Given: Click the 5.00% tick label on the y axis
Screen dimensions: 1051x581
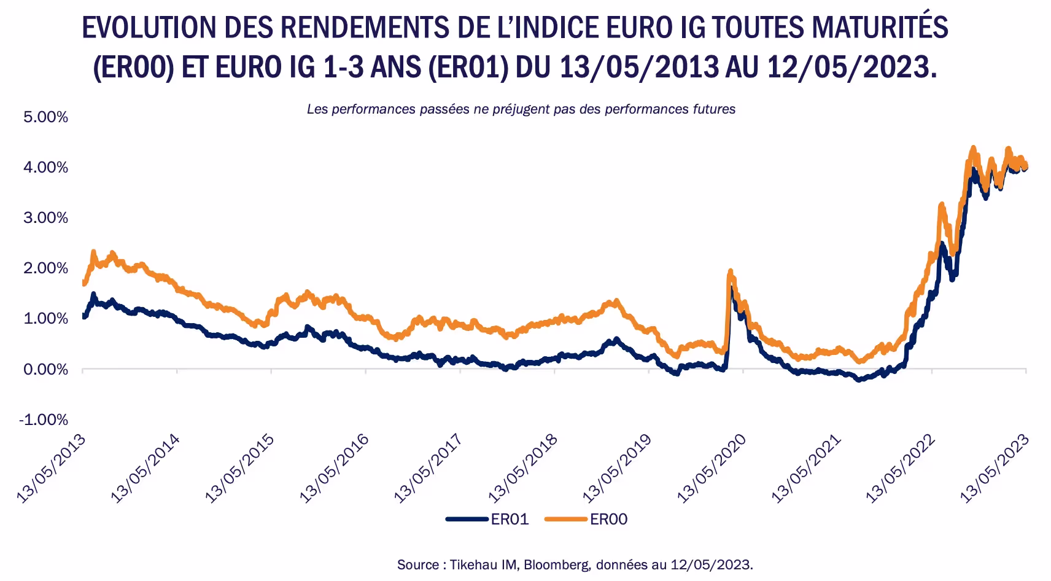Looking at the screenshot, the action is (x=45, y=117).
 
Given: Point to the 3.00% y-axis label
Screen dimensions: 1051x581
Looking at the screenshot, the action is (x=45, y=218).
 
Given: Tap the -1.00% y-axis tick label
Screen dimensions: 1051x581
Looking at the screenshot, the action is (x=44, y=419).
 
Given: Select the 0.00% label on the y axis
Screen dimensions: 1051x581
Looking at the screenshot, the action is (x=45, y=369).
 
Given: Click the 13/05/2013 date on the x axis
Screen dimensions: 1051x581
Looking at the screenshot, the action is (x=52, y=469).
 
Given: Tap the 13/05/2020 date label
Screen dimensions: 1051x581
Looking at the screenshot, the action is (x=712, y=469).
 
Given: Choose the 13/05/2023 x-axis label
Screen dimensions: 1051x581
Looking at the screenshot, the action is (x=995, y=469).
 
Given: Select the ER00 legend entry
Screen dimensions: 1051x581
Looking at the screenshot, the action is (x=586, y=519).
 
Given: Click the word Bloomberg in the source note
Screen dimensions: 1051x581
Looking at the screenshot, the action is (x=557, y=564).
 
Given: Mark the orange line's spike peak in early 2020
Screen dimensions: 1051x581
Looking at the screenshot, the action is (x=730, y=271).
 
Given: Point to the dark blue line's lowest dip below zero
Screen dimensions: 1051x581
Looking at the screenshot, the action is (x=859, y=380).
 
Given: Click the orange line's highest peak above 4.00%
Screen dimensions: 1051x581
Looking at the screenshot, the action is (x=973, y=148).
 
